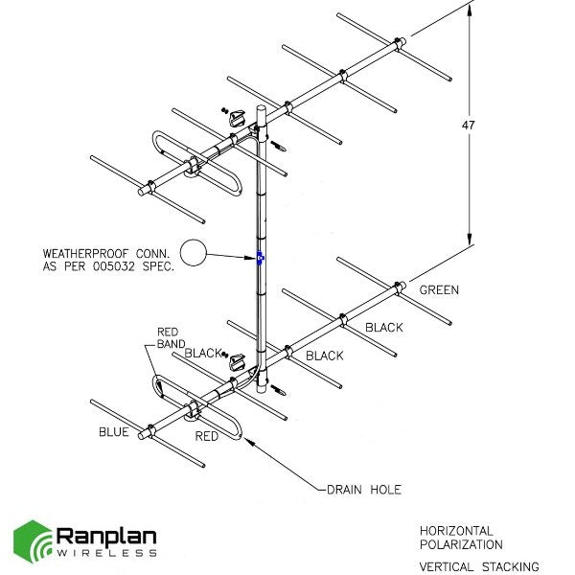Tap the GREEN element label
(x=439, y=289)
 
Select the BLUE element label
(x=113, y=432)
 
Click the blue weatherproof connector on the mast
(x=260, y=257)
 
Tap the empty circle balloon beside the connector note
(x=195, y=253)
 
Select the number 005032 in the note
(x=126, y=267)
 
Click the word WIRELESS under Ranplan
(x=104, y=556)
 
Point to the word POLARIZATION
(x=460, y=544)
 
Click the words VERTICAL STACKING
(x=478, y=566)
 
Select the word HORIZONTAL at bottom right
(x=456, y=530)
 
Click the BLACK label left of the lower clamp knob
(x=203, y=353)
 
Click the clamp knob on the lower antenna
(x=238, y=361)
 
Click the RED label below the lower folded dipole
(x=206, y=436)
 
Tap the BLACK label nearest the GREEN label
(x=383, y=328)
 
